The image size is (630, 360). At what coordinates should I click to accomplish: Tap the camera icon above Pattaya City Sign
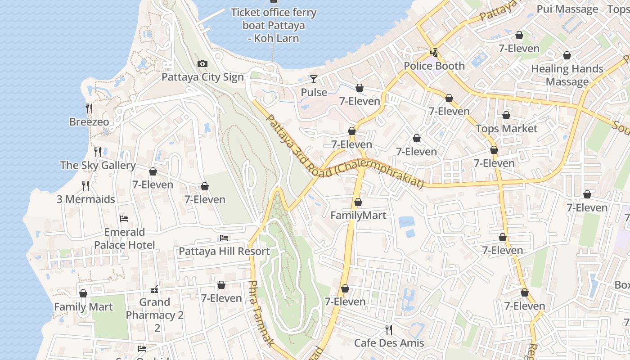tap(202, 64)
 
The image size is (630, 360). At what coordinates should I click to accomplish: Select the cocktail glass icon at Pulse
tap(314, 80)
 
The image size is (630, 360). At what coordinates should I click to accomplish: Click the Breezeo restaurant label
tap(89, 122)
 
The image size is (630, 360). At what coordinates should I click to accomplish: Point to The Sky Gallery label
tap(98, 165)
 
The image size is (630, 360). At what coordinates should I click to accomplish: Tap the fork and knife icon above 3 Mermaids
tap(85, 185)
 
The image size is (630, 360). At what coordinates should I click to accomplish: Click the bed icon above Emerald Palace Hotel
tap(124, 219)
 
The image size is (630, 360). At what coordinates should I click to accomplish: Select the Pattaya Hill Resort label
tap(224, 251)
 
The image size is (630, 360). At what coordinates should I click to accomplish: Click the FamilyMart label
tap(358, 216)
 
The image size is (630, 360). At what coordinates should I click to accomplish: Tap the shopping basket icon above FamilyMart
tap(358, 202)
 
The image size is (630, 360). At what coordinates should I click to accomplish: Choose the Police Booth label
tap(434, 66)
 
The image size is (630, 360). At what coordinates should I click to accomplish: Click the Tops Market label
tap(506, 129)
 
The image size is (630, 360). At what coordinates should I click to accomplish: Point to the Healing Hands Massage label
tap(567, 75)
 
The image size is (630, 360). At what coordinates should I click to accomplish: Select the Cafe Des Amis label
tap(389, 343)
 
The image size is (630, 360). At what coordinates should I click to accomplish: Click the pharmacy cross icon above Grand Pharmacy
tap(154, 289)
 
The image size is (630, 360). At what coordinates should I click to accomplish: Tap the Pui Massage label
tap(567, 9)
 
